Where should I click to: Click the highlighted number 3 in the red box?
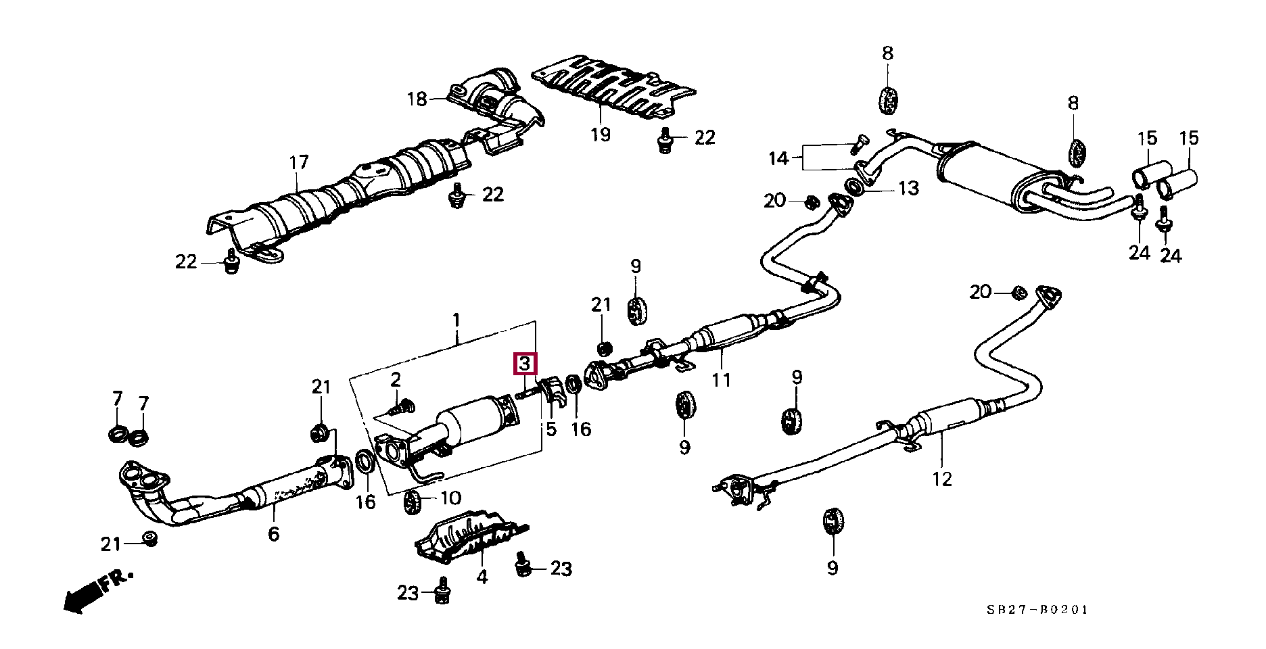[525, 364]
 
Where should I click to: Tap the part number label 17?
[298, 162]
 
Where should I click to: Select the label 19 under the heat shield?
[601, 135]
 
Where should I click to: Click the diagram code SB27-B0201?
[1037, 610]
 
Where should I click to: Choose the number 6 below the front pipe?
[273, 534]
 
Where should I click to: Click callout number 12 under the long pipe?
[941, 479]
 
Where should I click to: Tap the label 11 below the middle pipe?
[721, 380]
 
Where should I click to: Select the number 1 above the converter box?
[456, 319]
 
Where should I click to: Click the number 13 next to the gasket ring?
[908, 188]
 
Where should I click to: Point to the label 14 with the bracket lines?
[778, 158]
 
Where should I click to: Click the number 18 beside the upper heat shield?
[417, 99]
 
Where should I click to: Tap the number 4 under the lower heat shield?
[482, 577]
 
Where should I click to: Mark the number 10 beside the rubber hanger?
[450, 498]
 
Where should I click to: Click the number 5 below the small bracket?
[551, 429]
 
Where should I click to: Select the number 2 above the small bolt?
[396, 379]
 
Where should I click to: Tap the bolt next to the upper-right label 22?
[665, 139]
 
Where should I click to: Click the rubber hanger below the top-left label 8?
[887, 100]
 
